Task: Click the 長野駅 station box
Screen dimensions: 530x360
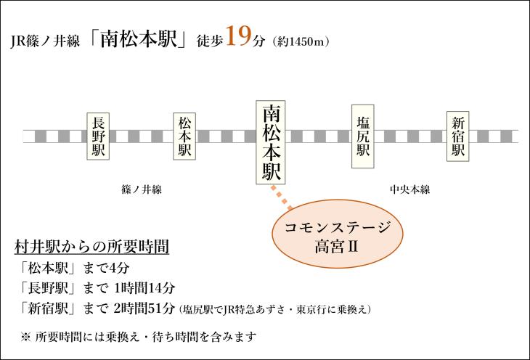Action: [98, 136]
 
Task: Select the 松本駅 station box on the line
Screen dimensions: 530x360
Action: [184, 136]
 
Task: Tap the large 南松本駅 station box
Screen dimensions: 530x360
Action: [270, 142]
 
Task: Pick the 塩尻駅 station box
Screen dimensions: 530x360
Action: [363, 136]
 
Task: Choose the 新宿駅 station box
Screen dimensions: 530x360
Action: [458, 136]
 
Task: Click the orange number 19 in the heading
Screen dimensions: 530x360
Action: [239, 36]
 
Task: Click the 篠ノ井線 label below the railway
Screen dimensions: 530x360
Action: [142, 189]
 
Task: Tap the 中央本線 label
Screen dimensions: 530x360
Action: [409, 189]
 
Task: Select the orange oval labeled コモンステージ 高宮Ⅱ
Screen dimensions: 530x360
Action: [338, 234]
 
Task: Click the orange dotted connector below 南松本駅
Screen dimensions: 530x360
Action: [282, 197]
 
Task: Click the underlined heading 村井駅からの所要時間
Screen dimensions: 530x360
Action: [91, 247]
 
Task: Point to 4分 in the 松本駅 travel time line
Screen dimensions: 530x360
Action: [119, 269]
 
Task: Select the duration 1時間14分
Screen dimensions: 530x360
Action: [144, 288]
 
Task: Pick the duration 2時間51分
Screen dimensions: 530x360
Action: [144, 308]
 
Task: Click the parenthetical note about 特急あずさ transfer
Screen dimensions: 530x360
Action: [275, 309]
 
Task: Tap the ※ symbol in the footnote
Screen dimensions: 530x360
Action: [25, 337]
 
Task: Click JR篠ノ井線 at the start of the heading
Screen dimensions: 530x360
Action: [45, 41]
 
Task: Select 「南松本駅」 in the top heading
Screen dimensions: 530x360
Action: [139, 39]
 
